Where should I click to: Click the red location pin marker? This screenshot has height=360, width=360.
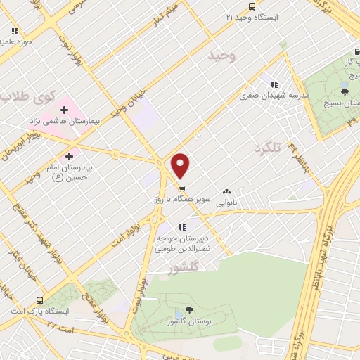point(181,165)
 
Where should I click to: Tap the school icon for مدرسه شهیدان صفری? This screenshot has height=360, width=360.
point(274,85)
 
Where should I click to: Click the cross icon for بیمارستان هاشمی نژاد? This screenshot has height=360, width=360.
point(64,110)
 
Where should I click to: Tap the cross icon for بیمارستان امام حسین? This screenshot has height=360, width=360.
point(69,157)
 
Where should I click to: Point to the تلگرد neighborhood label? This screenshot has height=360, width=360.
point(266,148)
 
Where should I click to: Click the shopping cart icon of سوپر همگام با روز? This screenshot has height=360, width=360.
point(181,188)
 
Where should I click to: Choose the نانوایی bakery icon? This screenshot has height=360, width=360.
point(226,191)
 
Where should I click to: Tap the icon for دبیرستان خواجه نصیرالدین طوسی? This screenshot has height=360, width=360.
point(182,227)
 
